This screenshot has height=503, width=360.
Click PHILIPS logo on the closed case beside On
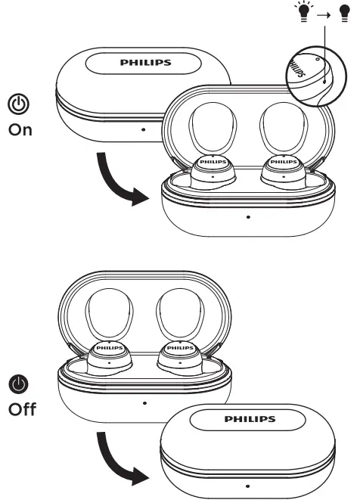coord(144,64)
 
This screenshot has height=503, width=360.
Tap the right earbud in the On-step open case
coord(284,169)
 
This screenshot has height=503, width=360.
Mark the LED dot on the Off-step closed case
coord(248,486)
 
